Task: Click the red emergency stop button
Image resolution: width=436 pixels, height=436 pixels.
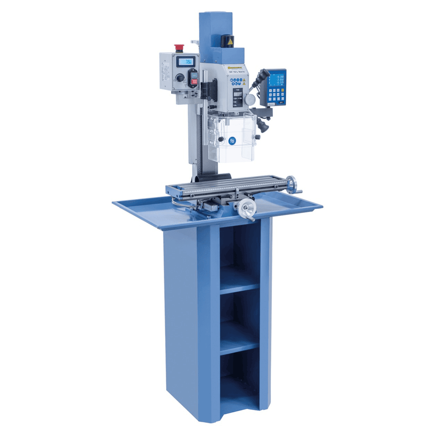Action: coord(179,47)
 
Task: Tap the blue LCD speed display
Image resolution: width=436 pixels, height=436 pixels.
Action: coord(185,61)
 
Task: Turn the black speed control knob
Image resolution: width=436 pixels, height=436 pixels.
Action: coord(179,77)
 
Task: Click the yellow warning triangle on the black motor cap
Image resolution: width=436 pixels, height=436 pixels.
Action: coord(230,43)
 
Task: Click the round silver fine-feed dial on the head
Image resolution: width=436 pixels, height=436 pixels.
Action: coord(250,99)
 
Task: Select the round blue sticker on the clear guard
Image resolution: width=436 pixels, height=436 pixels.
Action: coord(232,141)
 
